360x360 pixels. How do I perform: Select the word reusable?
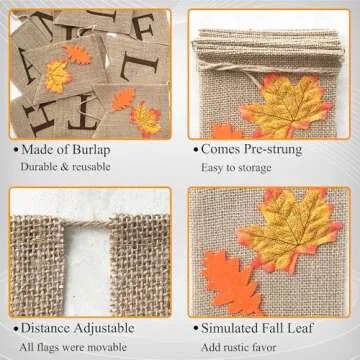(90, 167)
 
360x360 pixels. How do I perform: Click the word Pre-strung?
(273, 149)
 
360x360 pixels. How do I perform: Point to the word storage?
(254, 168)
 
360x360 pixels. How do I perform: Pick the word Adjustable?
(104, 328)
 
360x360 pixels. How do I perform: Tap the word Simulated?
(228, 328)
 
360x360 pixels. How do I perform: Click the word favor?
(264, 347)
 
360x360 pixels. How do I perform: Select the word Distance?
(46, 328)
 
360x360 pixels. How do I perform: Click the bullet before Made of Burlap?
(16, 150)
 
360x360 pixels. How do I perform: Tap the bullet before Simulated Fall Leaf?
(196, 329)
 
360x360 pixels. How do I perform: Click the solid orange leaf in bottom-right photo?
(231, 283)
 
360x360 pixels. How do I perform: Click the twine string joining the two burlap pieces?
(87, 223)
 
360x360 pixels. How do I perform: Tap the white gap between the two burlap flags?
(87, 270)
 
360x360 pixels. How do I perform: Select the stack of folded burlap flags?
(268, 47)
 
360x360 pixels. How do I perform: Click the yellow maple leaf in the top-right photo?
(286, 104)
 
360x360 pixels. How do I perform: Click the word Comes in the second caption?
(221, 149)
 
